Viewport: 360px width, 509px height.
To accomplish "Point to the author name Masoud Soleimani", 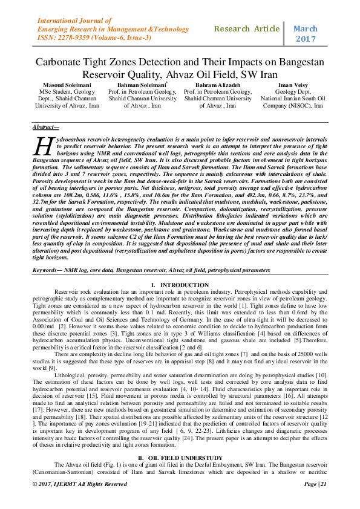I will click(x=58, y=85).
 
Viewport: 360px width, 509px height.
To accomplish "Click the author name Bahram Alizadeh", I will click(x=217, y=85).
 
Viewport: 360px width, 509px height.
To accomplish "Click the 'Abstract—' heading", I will click(x=46, y=126).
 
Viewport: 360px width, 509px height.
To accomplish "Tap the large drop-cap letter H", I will click(x=45, y=147).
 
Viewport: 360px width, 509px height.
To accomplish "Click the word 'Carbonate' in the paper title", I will click(x=62, y=62).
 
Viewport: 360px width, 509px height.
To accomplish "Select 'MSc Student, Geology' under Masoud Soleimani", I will click(x=58, y=91).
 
